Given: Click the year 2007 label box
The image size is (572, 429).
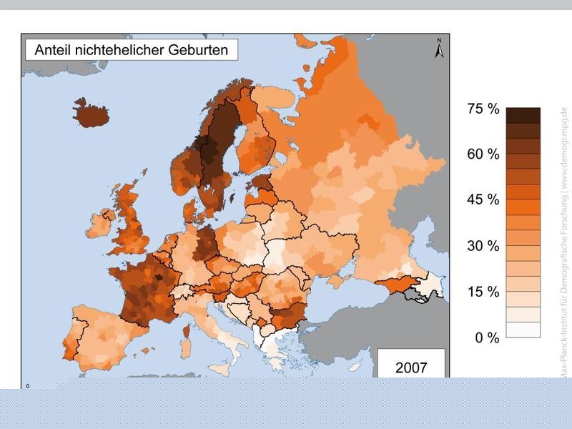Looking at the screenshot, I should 411,368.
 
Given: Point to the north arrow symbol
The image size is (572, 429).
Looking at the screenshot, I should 440,48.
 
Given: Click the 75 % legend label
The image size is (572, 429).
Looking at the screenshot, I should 483,109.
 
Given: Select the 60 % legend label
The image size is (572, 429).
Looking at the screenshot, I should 483,154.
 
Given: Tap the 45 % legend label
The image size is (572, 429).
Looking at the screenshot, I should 483,200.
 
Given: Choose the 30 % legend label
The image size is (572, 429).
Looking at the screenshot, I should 483,246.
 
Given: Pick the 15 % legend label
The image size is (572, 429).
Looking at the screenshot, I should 483,292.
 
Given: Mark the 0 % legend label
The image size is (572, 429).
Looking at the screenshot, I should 487,337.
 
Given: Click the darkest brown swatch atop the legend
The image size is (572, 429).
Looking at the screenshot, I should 523,115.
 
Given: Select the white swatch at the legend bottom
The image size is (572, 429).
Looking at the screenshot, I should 523,330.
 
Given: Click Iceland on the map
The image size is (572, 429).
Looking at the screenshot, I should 92,113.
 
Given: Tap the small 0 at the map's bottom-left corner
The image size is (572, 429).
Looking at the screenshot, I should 28,386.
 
